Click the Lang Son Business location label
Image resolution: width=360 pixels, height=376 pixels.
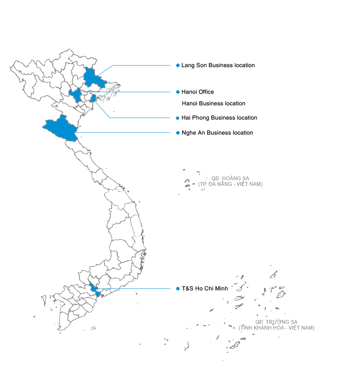point(218,66)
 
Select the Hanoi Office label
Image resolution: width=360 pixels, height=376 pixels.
point(198,92)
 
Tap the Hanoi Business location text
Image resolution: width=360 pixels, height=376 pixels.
point(214,103)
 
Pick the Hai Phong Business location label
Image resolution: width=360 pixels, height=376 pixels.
point(219,118)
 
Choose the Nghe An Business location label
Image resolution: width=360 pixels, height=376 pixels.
point(217,133)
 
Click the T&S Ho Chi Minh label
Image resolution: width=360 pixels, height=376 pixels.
point(205,288)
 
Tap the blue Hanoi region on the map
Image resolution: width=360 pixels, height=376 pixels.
point(76,95)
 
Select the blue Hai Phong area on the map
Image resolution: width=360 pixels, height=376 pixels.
point(93,99)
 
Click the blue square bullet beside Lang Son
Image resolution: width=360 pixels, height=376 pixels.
point(178,66)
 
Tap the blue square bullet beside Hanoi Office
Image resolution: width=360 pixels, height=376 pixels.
point(178,92)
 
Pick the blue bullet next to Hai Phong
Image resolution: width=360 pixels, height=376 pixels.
point(178,118)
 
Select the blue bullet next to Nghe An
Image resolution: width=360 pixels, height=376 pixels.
point(178,133)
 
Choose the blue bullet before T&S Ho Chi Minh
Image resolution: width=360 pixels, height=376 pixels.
point(178,288)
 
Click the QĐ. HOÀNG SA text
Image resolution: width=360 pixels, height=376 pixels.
point(230,179)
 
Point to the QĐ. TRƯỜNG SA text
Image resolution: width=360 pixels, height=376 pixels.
point(276,322)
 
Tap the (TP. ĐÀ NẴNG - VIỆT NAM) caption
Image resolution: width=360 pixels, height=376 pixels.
point(230,184)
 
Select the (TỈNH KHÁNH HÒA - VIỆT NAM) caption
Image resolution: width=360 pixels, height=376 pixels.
point(276,328)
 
